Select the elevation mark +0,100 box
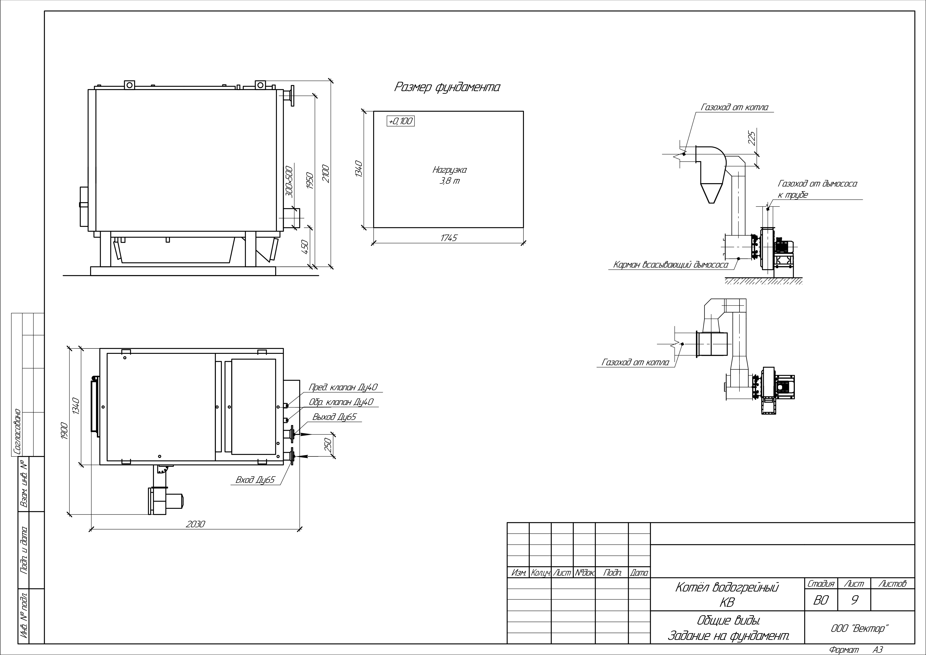tap(400, 121)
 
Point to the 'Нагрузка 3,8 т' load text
tap(449, 175)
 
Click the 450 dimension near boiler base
tap(305, 247)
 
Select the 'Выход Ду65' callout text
tap(334, 417)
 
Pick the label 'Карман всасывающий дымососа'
tap(670, 265)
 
